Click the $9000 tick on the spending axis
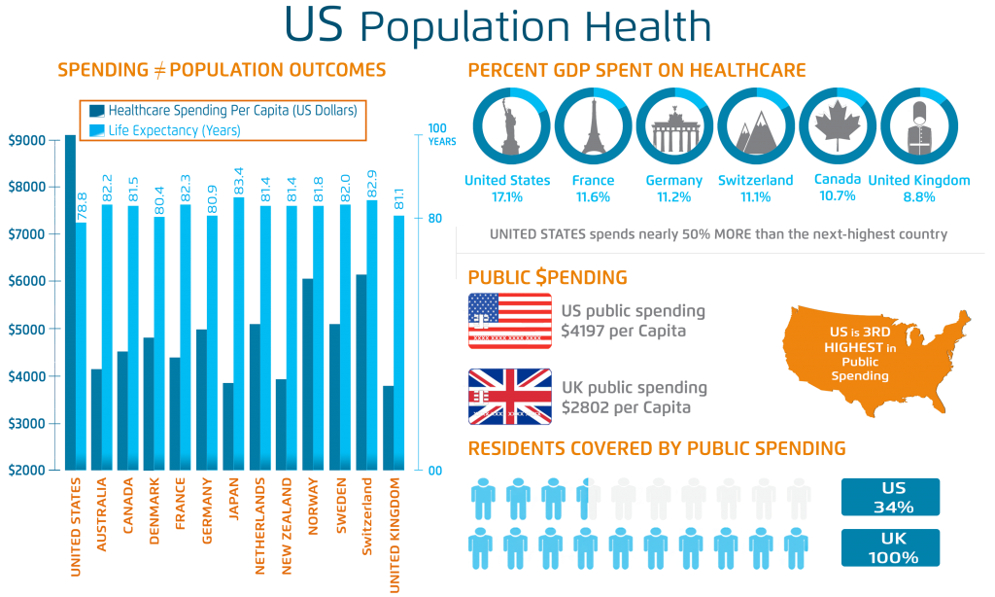(25, 140)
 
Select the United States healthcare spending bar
(70, 301)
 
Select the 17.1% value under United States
(506, 196)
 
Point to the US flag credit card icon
(509, 320)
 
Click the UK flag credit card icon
(509, 396)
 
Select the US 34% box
(890, 497)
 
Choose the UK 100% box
(890, 548)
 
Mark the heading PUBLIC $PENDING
(547, 278)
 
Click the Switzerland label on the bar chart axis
(366, 516)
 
